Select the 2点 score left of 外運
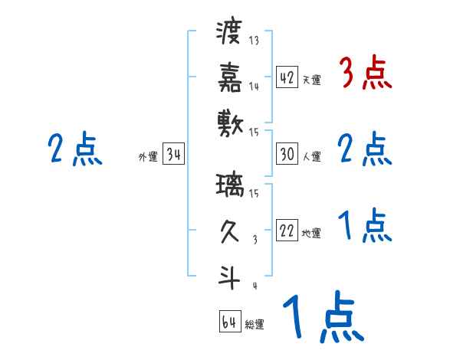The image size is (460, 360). pyautogui.click(x=73, y=149)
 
